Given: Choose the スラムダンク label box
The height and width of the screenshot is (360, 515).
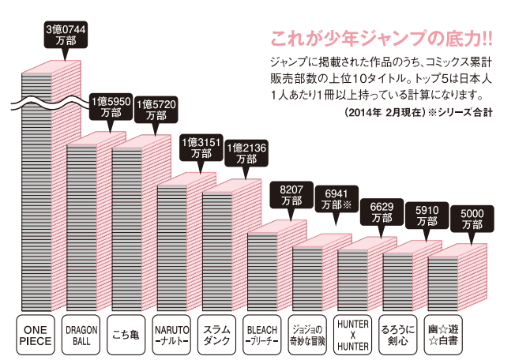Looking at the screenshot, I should pos(216,334).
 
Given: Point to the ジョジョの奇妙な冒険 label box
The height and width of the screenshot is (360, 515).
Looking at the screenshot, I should pos(307,334).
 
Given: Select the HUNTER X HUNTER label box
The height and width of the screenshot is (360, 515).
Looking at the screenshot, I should pos(353,334).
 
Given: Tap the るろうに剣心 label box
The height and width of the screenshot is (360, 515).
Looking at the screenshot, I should pos(398,334).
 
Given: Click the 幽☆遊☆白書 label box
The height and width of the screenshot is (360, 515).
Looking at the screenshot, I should pos(444,334).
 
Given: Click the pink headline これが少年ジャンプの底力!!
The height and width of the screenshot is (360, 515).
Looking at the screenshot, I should pos(382,39).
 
